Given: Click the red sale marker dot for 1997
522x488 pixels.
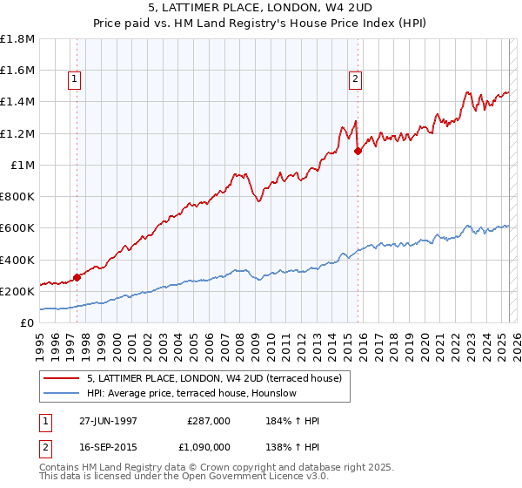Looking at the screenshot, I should (77, 277).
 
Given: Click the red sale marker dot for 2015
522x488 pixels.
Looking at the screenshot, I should (358, 151).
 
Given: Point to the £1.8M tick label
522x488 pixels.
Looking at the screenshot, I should (17, 39).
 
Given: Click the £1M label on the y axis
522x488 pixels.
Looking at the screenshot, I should (22, 165).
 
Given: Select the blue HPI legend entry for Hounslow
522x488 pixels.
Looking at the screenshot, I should (191, 393).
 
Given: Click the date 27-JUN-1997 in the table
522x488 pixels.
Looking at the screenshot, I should (108, 420).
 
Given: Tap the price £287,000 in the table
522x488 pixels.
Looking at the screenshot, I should (209, 420).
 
